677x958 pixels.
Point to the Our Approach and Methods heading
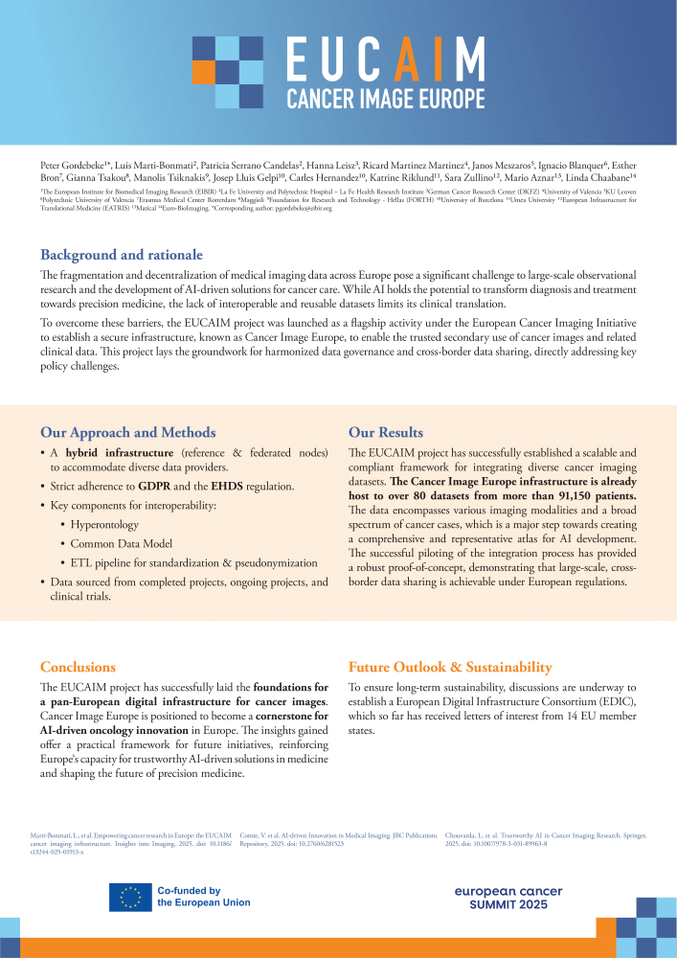pos(127,432)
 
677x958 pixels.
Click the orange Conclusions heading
pos(78,667)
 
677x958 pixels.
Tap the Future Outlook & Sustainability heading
pos(450,667)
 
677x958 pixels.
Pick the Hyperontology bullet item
pos(105,525)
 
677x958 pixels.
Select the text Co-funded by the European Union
pos(203,897)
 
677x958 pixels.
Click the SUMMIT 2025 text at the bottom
pos(508,905)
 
